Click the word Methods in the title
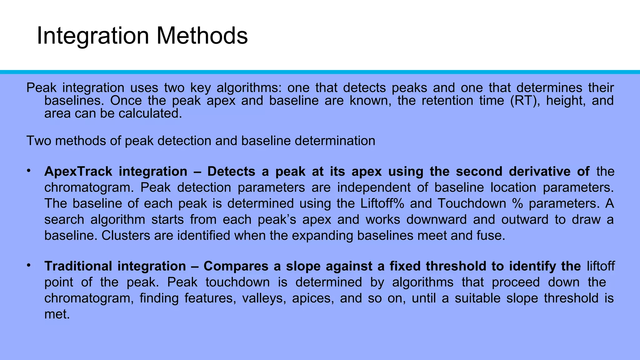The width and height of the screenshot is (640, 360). click(202, 36)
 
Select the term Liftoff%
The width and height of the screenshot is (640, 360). click(382, 203)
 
